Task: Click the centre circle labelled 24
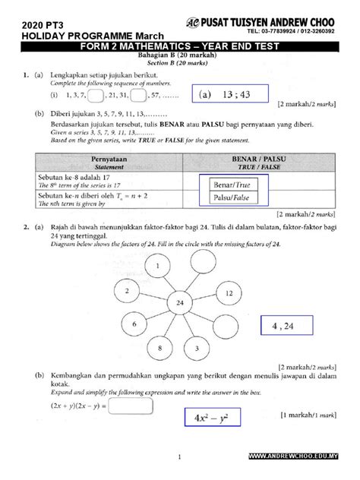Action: pos(178,302)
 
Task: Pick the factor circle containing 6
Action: pos(134,324)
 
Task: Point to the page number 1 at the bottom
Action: pos(179,456)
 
